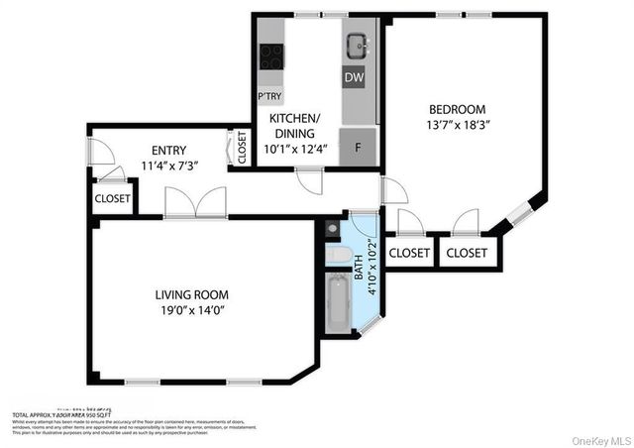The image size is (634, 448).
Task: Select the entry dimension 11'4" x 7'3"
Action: coord(170,166)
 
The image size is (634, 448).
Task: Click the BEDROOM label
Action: coord(457,109)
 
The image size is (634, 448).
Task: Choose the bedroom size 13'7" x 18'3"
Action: coord(457,125)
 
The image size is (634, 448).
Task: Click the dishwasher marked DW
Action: coord(354,76)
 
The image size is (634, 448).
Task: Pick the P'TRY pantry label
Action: coord(269,96)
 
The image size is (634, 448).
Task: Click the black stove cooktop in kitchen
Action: coord(270,57)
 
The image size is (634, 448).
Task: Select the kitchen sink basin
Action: coord(357,45)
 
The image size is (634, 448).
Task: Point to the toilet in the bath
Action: coord(339,257)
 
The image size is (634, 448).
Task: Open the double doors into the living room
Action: coord(195,203)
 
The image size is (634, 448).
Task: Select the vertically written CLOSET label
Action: coord(242,148)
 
